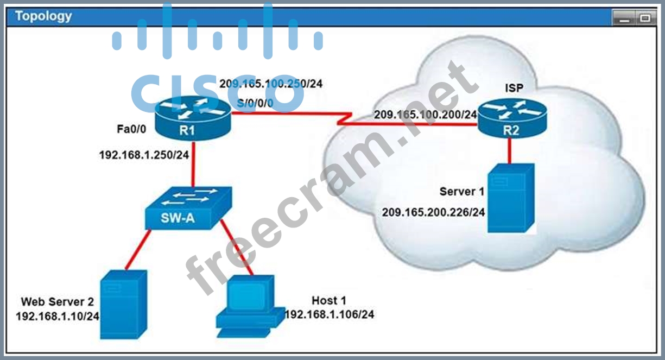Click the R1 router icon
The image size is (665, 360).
pos(193,119)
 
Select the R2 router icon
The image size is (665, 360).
pos(512,119)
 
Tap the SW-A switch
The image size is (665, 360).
pos(188,208)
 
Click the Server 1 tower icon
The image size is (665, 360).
pos(511,198)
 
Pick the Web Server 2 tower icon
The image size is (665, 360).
pos(124,305)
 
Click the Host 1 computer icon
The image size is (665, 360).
pos(250,306)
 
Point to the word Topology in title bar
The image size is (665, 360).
pos(43,16)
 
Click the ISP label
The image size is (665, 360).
pos(514,88)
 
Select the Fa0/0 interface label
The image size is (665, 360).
pos(131,129)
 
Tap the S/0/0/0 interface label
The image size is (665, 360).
pos(255,103)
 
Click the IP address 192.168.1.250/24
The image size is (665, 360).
pos(144,155)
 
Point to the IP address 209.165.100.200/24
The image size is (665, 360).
pos(426,115)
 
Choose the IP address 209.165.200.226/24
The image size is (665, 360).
pos(433,212)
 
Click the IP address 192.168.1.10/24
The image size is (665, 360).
pos(58,317)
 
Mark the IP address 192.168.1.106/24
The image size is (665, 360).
pos(330,314)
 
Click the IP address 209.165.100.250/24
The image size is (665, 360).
pos(271,84)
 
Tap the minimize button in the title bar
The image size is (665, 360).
pos(624,18)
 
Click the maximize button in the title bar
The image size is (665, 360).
pos(645,18)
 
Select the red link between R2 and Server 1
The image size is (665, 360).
pos(509,151)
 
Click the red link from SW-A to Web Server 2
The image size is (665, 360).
pos(138,250)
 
